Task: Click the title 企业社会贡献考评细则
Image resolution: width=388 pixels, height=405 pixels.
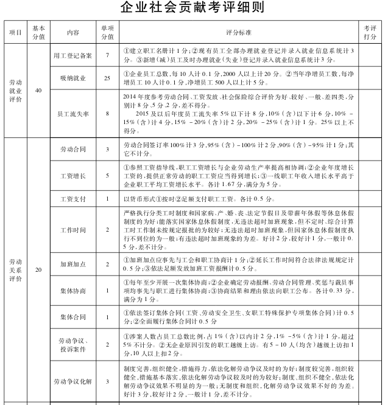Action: pos(194,8)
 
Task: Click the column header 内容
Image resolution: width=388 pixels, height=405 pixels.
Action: pos(73,32)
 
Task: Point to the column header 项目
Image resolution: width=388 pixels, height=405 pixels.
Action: pos(16,32)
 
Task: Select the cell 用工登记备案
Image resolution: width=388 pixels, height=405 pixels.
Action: pos(73,55)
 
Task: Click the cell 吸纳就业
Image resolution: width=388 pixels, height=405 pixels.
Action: pos(73,78)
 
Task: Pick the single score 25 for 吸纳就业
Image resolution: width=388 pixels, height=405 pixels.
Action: pos(107,78)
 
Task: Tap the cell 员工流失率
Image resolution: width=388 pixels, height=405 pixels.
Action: pos(73,113)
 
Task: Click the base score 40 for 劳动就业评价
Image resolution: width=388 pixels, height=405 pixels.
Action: pos(39,90)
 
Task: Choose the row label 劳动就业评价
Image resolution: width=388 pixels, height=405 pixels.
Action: pos(16,90)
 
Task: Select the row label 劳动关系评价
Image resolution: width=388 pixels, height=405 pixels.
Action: pos(16,269)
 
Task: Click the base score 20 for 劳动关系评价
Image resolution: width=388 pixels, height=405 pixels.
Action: pos(39,269)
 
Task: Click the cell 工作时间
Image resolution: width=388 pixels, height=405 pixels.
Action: pos(73,229)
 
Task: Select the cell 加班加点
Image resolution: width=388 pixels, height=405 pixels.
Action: pos(73,265)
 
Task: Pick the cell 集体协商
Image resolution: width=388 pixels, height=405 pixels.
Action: pos(73,291)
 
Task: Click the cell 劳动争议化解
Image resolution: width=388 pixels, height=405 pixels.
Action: pos(73,381)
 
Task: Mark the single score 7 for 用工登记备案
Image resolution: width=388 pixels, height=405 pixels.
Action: pos(107,55)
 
